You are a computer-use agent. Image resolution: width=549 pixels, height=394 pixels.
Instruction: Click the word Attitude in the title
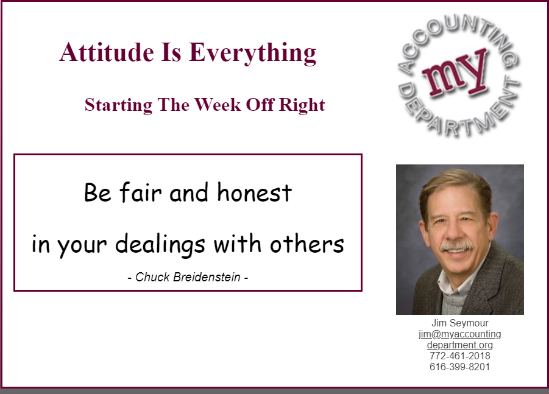pyautogui.click(x=107, y=52)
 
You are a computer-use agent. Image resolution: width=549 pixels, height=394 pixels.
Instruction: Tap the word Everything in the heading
pyautogui.click(x=252, y=53)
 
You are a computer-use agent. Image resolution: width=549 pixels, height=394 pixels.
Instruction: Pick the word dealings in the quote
pyautogui.click(x=160, y=244)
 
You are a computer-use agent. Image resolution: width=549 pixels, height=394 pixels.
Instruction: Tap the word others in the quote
pyautogui.click(x=307, y=243)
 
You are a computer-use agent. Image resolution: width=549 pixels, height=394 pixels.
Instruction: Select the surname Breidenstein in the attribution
pyautogui.click(x=207, y=277)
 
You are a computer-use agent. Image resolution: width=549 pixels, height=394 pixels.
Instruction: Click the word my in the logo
pyautogui.click(x=455, y=74)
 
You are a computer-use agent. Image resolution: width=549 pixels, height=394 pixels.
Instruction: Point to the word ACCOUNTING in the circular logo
pyautogui.click(x=455, y=35)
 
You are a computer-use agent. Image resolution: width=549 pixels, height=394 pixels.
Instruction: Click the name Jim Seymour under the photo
pyautogui.click(x=459, y=323)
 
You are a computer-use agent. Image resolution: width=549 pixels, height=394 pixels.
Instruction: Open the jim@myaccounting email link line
pyautogui.click(x=459, y=334)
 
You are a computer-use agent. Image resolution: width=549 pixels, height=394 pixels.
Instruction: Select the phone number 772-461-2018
pyautogui.click(x=459, y=356)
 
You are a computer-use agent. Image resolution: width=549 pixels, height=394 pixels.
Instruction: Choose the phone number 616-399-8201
pyautogui.click(x=459, y=367)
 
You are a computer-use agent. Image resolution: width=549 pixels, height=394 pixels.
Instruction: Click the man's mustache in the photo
pyautogui.click(x=456, y=246)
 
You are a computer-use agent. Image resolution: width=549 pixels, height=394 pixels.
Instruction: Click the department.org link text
pyautogui.click(x=459, y=345)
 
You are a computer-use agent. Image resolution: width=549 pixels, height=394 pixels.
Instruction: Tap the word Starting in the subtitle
pyautogui.click(x=119, y=105)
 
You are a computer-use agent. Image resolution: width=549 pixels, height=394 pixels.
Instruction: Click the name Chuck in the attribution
pyautogui.click(x=152, y=277)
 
